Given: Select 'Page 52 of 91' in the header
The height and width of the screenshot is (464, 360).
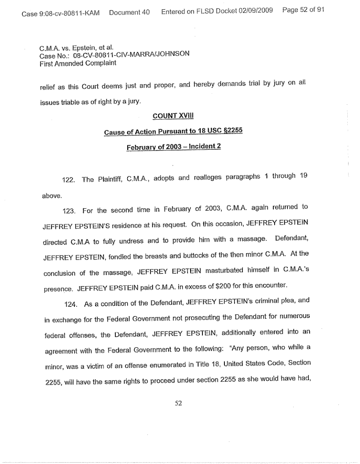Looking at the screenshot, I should coord(303,10).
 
